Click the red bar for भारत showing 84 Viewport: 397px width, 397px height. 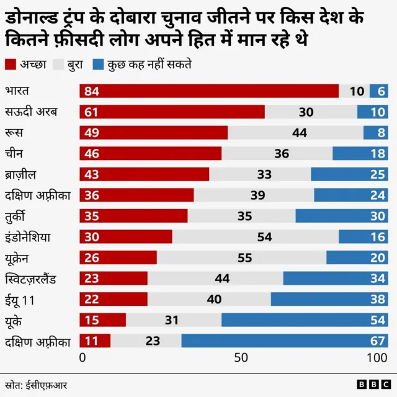pyautogui.click(x=209, y=91)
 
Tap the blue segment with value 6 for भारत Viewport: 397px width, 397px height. pyautogui.click(x=379, y=91)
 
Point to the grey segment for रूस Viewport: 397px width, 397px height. pyautogui.click(x=295, y=133)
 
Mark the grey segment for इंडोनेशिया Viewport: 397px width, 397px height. pyautogui.click(x=255, y=237)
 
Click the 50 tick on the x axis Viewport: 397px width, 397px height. pyautogui.click(x=241, y=358)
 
